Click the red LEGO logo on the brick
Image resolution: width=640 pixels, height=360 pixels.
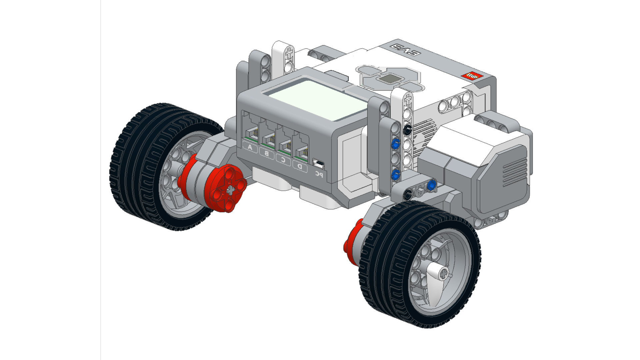tap(472, 76)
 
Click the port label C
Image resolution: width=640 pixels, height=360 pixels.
tap(283, 159)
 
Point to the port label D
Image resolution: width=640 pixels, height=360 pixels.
tap(300, 166)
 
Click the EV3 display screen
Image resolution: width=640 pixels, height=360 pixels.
tap(318, 99)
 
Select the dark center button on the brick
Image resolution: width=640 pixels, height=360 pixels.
tap(389, 79)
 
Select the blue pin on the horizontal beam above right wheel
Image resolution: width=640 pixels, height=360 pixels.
tap(431, 184)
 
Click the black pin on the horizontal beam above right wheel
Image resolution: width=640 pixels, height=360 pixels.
tap(408, 194)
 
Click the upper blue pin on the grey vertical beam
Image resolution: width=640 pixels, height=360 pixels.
tap(396, 144)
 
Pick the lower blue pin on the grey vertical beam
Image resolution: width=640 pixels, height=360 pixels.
tap(396, 174)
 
